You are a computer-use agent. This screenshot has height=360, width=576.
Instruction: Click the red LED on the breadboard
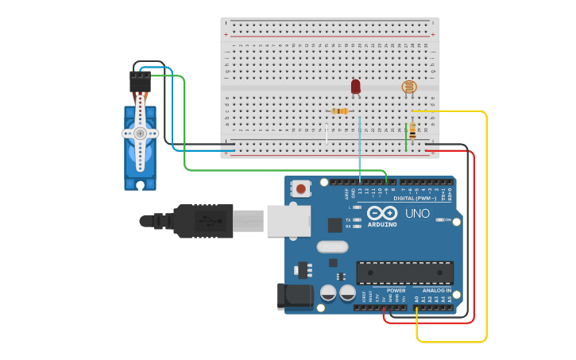click(355, 85)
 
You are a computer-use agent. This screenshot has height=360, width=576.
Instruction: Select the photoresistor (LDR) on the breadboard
click(408, 87)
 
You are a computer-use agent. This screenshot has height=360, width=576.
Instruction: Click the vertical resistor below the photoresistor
click(412, 131)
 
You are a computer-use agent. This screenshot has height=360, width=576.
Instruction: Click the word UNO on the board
click(418, 214)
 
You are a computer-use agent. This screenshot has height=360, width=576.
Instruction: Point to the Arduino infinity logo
click(382, 213)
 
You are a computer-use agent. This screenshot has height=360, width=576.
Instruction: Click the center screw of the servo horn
click(140, 134)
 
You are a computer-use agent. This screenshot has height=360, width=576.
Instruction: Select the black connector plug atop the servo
click(140, 81)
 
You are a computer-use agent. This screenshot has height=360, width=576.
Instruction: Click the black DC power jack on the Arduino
click(295, 296)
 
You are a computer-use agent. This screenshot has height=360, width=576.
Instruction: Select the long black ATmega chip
click(404, 273)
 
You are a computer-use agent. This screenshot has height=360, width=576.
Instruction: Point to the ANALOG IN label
click(436, 291)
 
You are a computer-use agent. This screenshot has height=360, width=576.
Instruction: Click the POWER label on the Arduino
click(396, 291)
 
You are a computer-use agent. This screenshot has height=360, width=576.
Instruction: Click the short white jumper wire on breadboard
click(327, 134)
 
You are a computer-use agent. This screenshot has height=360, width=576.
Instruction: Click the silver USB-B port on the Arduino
click(288, 220)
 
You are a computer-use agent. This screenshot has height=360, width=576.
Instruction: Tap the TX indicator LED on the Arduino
click(358, 219)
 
